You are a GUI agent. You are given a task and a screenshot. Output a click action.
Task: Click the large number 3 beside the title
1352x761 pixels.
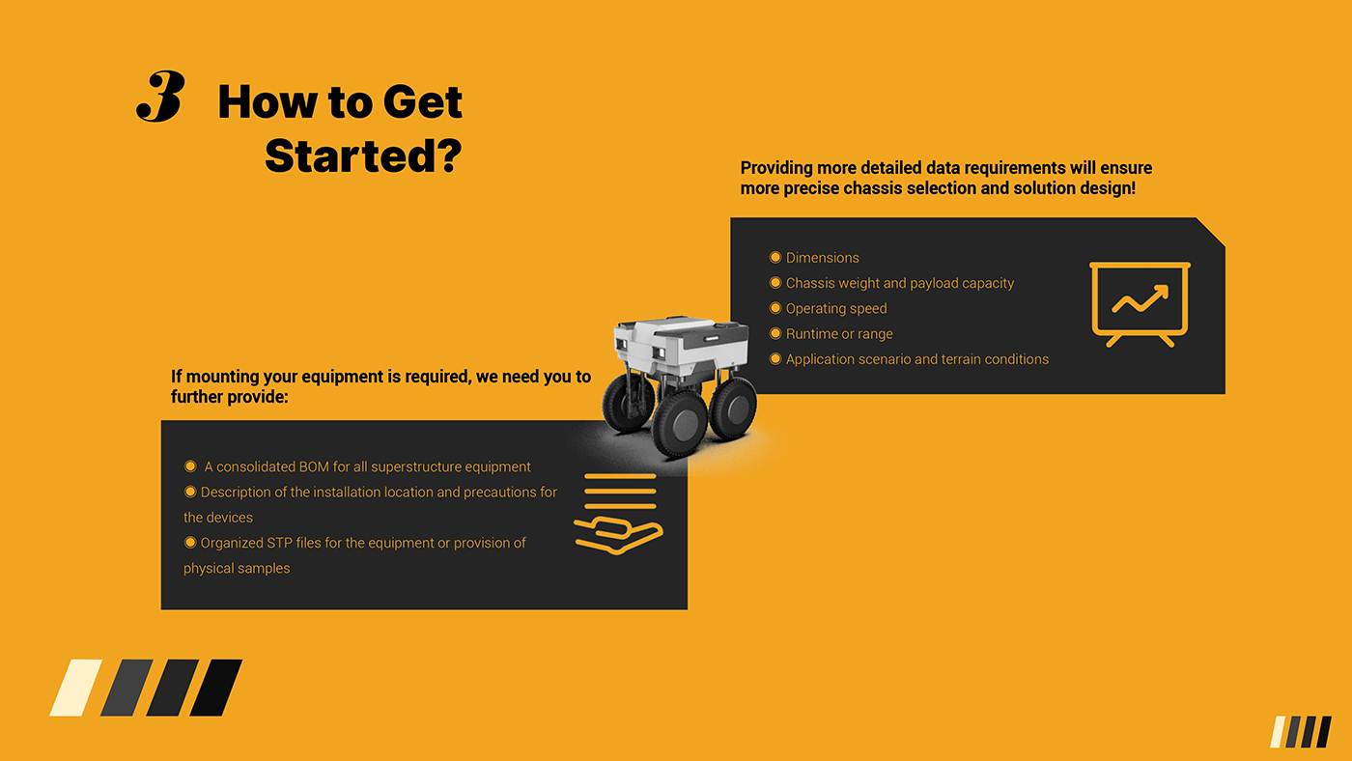[x=160, y=96]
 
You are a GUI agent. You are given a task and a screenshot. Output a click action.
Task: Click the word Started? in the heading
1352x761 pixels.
[x=363, y=155]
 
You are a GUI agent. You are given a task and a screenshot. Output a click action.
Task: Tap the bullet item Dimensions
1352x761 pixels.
[x=822, y=258]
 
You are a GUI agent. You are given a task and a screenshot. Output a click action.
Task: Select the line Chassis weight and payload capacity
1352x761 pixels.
[x=899, y=283]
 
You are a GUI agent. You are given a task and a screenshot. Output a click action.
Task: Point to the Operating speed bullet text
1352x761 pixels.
[x=836, y=308]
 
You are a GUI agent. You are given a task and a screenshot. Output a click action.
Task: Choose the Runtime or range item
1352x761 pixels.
[x=839, y=334]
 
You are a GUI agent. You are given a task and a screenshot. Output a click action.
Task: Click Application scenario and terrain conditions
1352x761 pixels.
[x=916, y=359]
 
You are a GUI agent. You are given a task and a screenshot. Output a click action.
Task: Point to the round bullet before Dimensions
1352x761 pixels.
[x=775, y=258]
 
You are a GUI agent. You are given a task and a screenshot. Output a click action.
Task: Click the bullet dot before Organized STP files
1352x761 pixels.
[x=190, y=543]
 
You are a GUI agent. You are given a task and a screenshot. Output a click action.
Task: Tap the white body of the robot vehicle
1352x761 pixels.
[x=682, y=343]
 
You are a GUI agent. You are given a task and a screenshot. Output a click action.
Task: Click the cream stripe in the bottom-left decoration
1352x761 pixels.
[x=76, y=688]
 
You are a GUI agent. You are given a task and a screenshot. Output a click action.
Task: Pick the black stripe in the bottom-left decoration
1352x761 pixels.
[x=216, y=688]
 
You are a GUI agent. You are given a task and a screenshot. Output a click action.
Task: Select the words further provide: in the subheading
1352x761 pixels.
[x=230, y=397]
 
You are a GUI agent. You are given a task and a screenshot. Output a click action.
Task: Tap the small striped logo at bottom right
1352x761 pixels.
[x=1301, y=731]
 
